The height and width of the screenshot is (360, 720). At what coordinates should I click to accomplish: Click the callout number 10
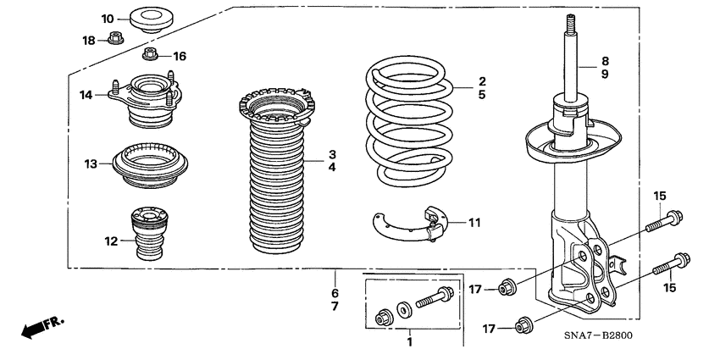click(108, 19)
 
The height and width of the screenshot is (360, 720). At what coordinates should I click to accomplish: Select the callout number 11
click(474, 223)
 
